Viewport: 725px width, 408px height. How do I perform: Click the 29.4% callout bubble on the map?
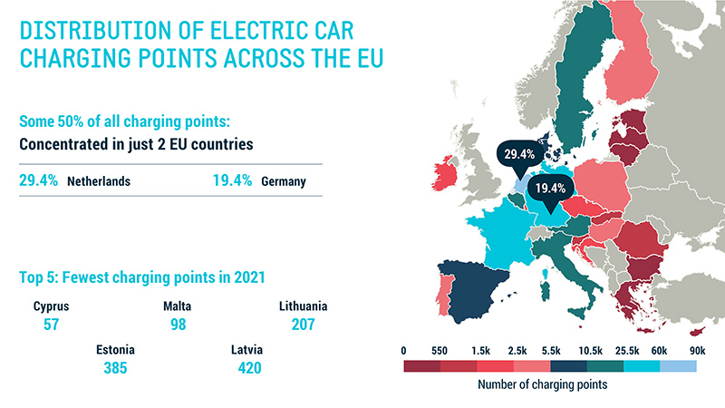click(x=514, y=155)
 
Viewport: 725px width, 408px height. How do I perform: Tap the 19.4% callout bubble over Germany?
click(x=550, y=189)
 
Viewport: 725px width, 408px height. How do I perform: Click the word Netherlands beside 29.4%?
click(x=99, y=181)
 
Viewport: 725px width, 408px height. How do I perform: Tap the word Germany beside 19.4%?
click(x=283, y=181)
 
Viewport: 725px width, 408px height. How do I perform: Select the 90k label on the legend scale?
click(x=696, y=348)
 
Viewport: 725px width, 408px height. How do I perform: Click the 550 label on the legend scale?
click(x=440, y=348)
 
